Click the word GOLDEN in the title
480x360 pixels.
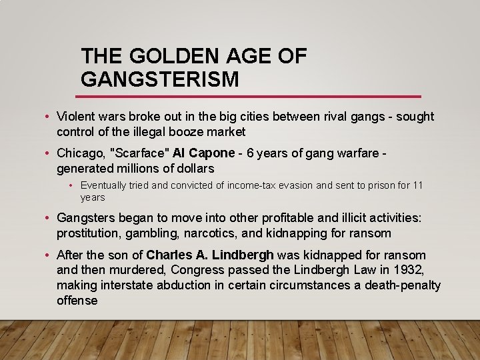point(173,57)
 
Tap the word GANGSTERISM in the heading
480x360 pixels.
point(159,79)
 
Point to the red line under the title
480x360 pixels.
point(251,96)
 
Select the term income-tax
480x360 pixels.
point(254,185)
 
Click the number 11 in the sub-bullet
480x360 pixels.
point(417,185)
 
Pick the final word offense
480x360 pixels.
point(77,301)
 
